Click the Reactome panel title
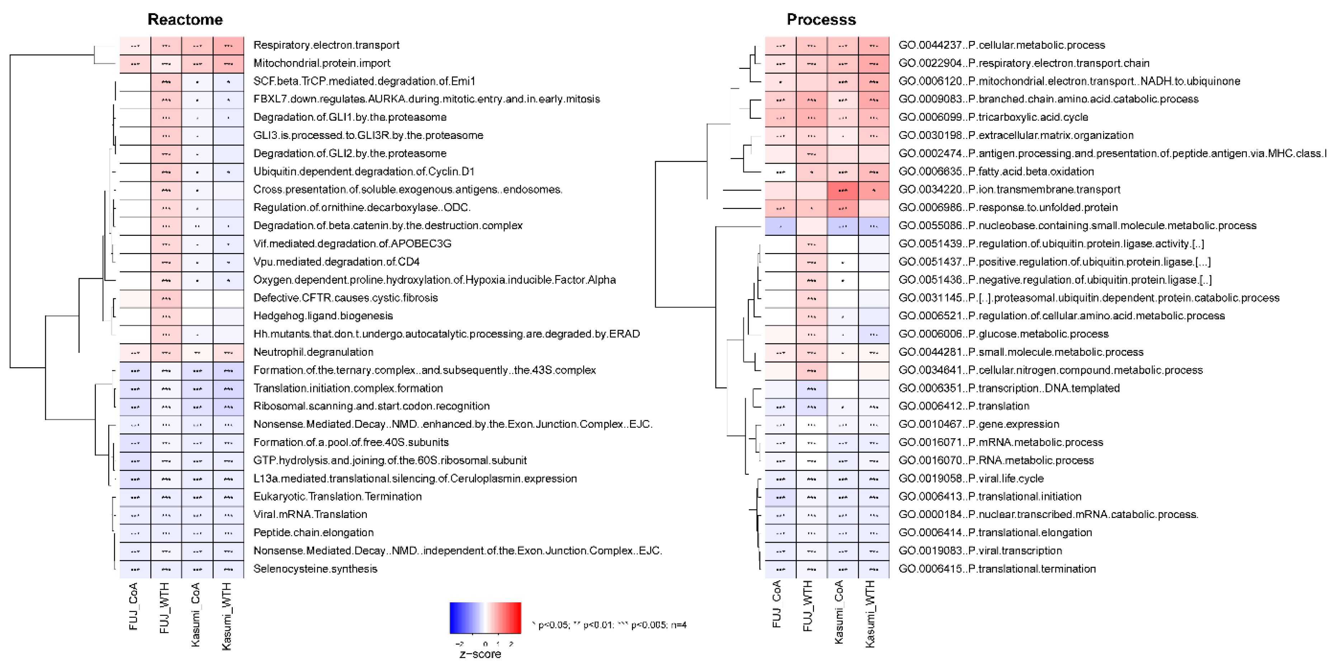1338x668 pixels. pyautogui.click(x=185, y=20)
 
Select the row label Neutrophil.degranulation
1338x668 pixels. pyautogui.click(x=313, y=352)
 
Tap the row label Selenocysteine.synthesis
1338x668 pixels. pyautogui.click(x=315, y=569)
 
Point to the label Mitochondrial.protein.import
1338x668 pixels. pyautogui.click(x=322, y=63)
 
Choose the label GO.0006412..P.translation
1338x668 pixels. pyautogui.click(x=964, y=406)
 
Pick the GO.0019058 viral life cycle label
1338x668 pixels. pyautogui.click(x=971, y=478)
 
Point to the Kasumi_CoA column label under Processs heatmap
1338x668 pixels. pyautogui.click(x=839, y=612)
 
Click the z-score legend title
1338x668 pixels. pyautogui.click(x=481, y=654)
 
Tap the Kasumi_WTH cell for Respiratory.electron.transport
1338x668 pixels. pyautogui.click(x=228, y=45)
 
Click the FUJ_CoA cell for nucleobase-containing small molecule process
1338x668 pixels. pyautogui.click(x=780, y=226)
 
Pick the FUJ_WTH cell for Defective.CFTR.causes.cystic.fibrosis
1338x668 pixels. pyautogui.click(x=166, y=298)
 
